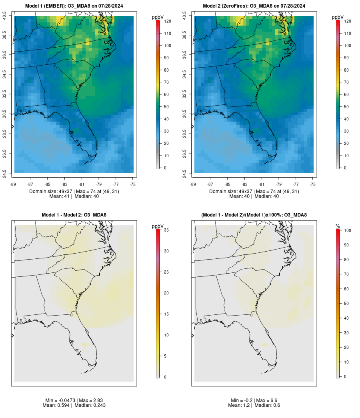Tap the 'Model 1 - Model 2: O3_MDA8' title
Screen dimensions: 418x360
pos(74,215)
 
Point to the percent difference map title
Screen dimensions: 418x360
pos(254,215)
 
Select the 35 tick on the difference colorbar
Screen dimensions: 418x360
pos(166,230)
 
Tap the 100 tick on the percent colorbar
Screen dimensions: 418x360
pos(346,230)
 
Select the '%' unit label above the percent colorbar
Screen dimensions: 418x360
pos(338,226)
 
